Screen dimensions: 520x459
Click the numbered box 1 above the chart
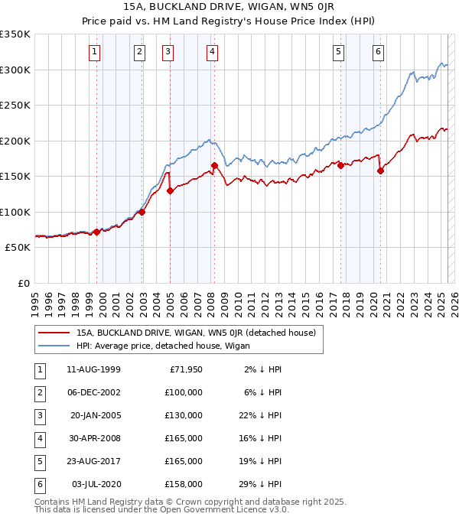coord(93,52)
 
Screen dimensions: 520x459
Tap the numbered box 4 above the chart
coord(212,52)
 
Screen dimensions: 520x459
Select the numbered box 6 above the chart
coord(378,52)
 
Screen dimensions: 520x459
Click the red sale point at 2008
coord(215,165)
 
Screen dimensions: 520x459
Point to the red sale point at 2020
coord(380,171)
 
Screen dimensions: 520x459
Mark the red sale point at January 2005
coord(170,190)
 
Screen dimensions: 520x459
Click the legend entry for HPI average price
coord(168,346)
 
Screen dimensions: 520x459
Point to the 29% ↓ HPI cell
coord(263,484)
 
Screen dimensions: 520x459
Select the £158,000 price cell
coord(184,484)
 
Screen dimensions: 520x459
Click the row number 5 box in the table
coord(38,461)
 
